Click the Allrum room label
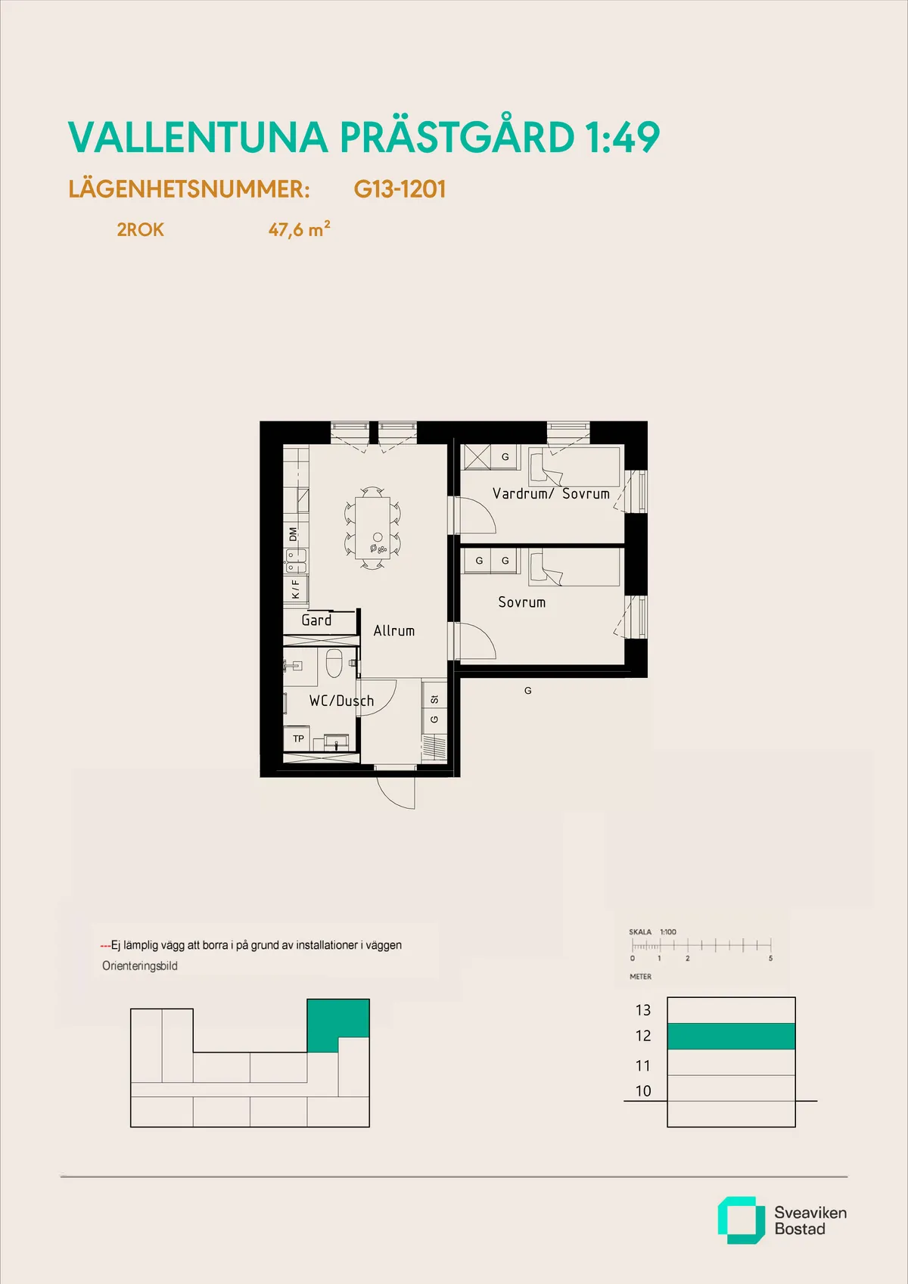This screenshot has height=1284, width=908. [393, 630]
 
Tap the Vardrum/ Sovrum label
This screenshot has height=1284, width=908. [550, 493]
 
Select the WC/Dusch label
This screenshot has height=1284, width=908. [341, 701]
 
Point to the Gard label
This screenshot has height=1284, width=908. [316, 620]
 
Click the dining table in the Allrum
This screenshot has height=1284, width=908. [372, 527]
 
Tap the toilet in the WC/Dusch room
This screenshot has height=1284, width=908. [334, 664]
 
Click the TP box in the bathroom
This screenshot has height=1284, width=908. [299, 738]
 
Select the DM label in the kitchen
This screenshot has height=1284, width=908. [294, 533]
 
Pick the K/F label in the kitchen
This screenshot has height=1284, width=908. [295, 589]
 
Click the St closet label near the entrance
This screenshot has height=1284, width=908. [434, 699]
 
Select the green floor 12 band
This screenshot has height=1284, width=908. [731, 1036]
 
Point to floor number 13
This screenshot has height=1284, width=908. [643, 1010]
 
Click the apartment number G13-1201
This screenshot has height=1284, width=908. [400, 189]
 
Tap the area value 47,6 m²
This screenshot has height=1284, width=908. [299, 229]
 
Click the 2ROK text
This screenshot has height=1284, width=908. [140, 229]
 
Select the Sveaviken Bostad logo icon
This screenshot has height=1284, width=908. [740, 1220]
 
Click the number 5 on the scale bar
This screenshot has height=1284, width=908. [770, 958]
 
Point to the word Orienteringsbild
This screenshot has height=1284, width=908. [140, 966]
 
